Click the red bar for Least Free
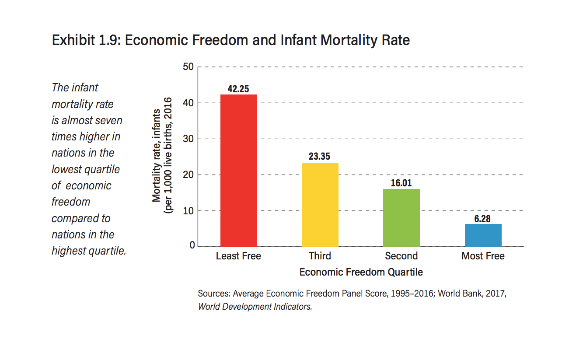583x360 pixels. point(238,171)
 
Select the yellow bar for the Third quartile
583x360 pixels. point(320,205)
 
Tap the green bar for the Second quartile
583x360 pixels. point(401,218)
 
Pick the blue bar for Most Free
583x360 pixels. point(483,235)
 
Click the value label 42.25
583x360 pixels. point(238,89)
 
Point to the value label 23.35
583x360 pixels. point(319,157)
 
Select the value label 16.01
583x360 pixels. point(401,183)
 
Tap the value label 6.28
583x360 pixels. point(482,218)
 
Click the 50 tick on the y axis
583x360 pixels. point(189,67)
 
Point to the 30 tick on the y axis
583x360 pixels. point(189,139)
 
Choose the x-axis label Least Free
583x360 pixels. point(238,256)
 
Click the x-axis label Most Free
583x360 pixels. point(483,256)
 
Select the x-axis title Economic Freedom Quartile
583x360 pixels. point(361,272)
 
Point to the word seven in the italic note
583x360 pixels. point(109,120)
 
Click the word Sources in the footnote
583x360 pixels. point(213,294)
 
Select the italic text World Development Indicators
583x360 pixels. point(255,307)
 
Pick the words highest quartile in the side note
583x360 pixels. point(88,251)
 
